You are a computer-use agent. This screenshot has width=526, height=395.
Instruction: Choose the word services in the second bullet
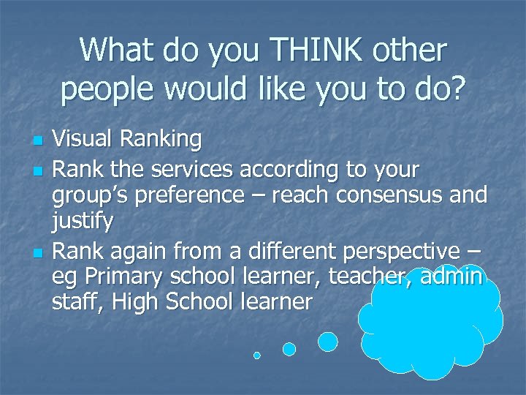click(x=190, y=170)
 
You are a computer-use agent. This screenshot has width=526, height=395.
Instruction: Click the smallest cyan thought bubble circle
click(x=257, y=355)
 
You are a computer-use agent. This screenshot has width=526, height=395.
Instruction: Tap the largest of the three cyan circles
click(x=328, y=342)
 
